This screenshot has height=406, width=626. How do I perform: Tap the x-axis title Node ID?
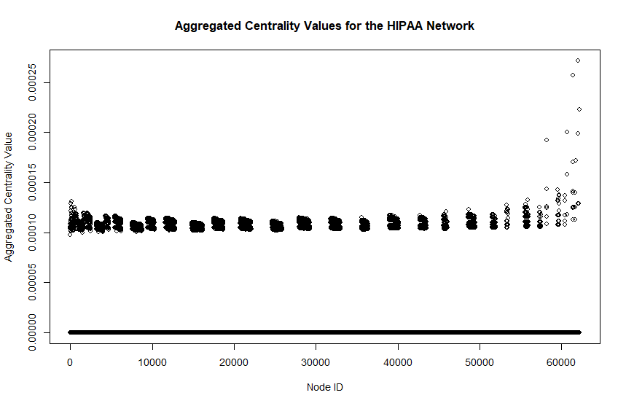324,387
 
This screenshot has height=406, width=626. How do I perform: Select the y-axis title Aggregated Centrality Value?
9,197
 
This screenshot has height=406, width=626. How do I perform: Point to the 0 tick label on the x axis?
70,361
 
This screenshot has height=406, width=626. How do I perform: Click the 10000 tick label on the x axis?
152,361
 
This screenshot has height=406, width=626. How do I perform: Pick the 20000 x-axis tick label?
234,361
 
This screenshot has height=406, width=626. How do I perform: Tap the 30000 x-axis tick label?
316,361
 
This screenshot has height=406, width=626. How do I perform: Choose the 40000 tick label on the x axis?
398,361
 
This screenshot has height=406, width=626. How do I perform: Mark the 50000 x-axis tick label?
480,361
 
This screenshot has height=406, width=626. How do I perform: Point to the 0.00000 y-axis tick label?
31,332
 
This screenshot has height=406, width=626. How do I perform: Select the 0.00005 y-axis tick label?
31,282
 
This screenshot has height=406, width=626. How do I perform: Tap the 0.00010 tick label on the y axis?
31,233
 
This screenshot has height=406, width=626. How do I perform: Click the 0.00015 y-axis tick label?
31,182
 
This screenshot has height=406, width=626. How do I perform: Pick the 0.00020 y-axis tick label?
31,132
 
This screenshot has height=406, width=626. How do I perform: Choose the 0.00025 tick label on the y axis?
31,82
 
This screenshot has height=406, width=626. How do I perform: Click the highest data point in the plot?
578,60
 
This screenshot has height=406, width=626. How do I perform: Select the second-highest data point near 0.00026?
573,75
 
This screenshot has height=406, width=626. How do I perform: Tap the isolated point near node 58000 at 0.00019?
547,140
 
